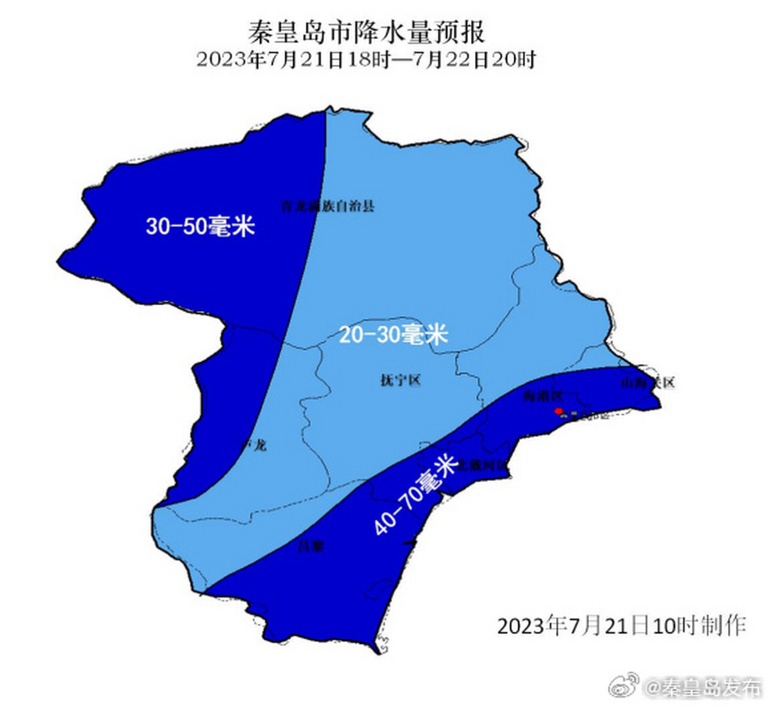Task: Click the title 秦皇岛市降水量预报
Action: point(366,32)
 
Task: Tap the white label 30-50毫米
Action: point(200,226)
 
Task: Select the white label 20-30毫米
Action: point(393,334)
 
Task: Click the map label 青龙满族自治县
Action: point(328,206)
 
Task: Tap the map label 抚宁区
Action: point(401,380)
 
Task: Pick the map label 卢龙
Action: point(255,444)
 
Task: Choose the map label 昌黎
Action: point(311,547)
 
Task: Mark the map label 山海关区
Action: point(648,382)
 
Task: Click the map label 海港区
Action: point(543,396)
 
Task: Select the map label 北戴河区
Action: point(483,465)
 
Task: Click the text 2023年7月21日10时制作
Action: point(622,626)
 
